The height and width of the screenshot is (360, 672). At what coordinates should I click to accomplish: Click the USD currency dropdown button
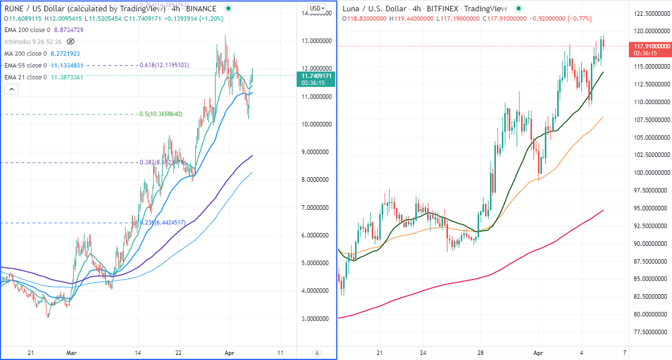click(x=317, y=8)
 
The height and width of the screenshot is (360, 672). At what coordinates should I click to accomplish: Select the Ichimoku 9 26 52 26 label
click(x=33, y=42)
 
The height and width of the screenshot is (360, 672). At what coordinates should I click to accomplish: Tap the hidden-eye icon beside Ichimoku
click(x=70, y=42)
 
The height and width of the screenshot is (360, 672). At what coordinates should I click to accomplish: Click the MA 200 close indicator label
click(x=25, y=53)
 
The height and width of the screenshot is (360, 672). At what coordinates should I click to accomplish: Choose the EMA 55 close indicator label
click(x=25, y=65)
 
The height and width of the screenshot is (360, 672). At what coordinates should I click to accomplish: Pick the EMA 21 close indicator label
click(x=25, y=77)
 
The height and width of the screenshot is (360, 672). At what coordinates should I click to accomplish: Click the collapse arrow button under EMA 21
click(x=12, y=89)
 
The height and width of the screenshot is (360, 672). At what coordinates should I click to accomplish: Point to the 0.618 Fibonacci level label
click(x=163, y=65)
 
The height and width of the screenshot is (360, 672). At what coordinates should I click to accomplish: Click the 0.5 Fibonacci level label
click(x=160, y=114)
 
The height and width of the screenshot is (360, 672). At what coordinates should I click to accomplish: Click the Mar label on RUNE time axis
click(x=71, y=353)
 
